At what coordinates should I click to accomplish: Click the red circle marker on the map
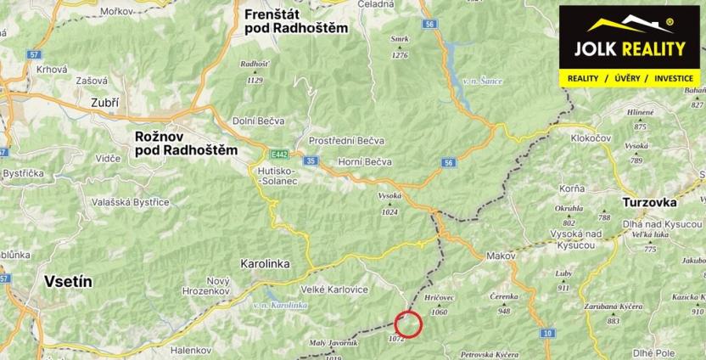click(409, 323)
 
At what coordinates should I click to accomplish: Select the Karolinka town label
click(266, 263)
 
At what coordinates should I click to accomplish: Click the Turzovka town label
click(649, 203)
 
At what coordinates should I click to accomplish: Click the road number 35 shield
click(311, 160)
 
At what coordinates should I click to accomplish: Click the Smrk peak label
click(400, 38)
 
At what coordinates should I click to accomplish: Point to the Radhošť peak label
click(254, 64)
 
